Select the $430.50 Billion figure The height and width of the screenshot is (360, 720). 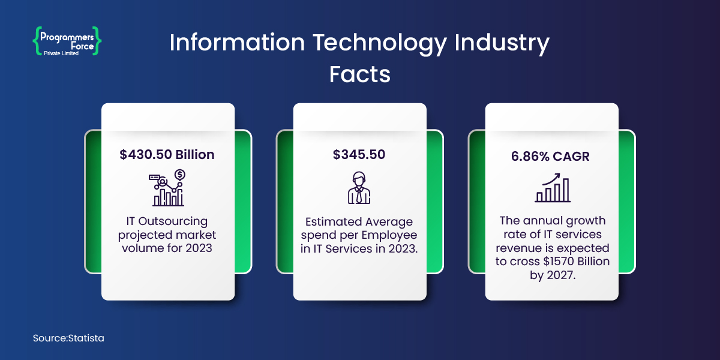click(x=167, y=154)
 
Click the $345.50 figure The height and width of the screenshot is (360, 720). click(x=359, y=154)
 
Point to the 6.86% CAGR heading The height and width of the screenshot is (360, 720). click(x=551, y=157)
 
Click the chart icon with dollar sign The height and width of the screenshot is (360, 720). click(x=167, y=188)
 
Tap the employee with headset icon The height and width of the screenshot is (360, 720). click(x=359, y=188)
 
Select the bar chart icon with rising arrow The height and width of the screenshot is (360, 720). click(x=553, y=188)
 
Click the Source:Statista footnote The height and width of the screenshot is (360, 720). click(x=68, y=338)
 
